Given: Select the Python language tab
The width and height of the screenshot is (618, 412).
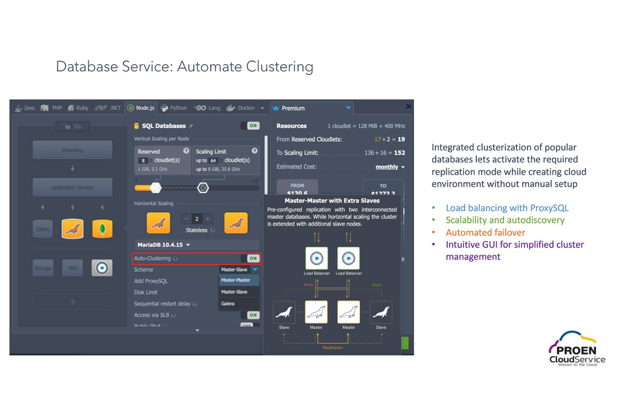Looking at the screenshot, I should [174, 108].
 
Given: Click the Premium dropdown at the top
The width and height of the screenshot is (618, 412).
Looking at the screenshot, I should [312, 108].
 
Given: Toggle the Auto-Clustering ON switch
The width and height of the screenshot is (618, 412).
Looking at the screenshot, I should [253, 258].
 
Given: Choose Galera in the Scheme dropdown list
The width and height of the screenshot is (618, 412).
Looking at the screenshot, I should [228, 303].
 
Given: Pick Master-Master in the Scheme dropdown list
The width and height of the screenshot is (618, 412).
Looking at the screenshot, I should [236, 280].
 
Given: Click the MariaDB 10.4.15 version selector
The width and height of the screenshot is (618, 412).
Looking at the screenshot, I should [164, 245].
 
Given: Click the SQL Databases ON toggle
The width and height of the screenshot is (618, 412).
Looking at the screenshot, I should [253, 126].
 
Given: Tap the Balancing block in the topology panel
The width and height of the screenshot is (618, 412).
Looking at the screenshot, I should [72, 150].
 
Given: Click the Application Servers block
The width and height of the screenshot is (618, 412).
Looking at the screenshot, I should [72, 187].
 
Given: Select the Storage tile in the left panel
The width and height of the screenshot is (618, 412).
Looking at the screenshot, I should [43, 268].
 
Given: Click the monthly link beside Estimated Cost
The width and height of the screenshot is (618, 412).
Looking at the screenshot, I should [387, 167].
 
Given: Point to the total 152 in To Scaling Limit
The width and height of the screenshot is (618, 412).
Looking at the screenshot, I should [399, 153].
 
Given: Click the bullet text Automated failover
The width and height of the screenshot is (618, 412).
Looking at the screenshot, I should [485, 232].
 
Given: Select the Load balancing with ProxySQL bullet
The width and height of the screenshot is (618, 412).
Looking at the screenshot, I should [507, 208].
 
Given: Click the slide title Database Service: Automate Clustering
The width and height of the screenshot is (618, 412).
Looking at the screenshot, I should [184, 66].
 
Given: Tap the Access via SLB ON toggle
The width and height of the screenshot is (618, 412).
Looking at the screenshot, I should [253, 315].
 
